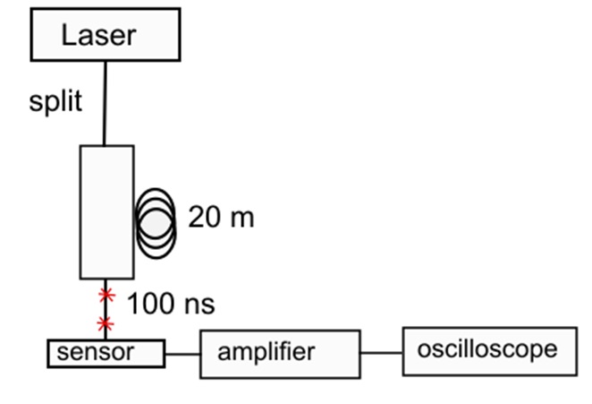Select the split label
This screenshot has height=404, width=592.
[55, 101]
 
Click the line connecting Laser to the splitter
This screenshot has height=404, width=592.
[106, 103]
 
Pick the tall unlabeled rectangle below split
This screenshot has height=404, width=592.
[107, 211]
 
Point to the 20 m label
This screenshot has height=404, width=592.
[221, 217]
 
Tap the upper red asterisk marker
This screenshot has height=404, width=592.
[107, 295]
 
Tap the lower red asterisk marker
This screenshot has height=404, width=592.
[106, 322]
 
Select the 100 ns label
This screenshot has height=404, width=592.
[171, 304]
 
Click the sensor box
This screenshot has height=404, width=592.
[106, 353]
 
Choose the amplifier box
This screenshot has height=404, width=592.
[279, 352]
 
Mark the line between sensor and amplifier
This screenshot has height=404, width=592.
[182, 353]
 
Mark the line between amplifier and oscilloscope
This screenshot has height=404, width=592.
[382, 352]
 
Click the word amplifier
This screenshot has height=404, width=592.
[266, 351]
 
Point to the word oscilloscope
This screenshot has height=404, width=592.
[486, 348]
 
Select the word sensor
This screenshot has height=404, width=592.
[95, 352]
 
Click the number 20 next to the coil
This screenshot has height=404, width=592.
[203, 217]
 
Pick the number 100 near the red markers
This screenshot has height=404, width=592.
[148, 304]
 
